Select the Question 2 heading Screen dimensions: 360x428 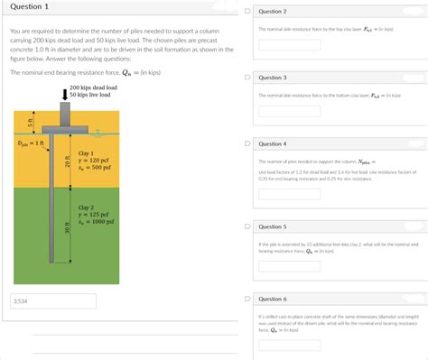click(x=272, y=11)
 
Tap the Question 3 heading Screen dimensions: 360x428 click(x=272, y=78)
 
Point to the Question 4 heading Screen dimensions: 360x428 click(x=272, y=143)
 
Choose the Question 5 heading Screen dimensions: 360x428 click(x=272, y=226)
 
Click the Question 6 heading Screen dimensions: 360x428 click(x=272, y=298)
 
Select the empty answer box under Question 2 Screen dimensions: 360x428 click(x=289, y=44)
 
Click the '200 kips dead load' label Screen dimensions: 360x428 click(x=93, y=87)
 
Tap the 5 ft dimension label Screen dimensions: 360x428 click(x=29, y=122)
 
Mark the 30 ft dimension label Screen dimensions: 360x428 click(x=66, y=229)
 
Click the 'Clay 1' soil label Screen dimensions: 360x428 click(x=87, y=153)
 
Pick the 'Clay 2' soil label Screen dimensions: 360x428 click(x=87, y=207)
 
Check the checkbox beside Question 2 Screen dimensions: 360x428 click(x=247, y=12)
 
